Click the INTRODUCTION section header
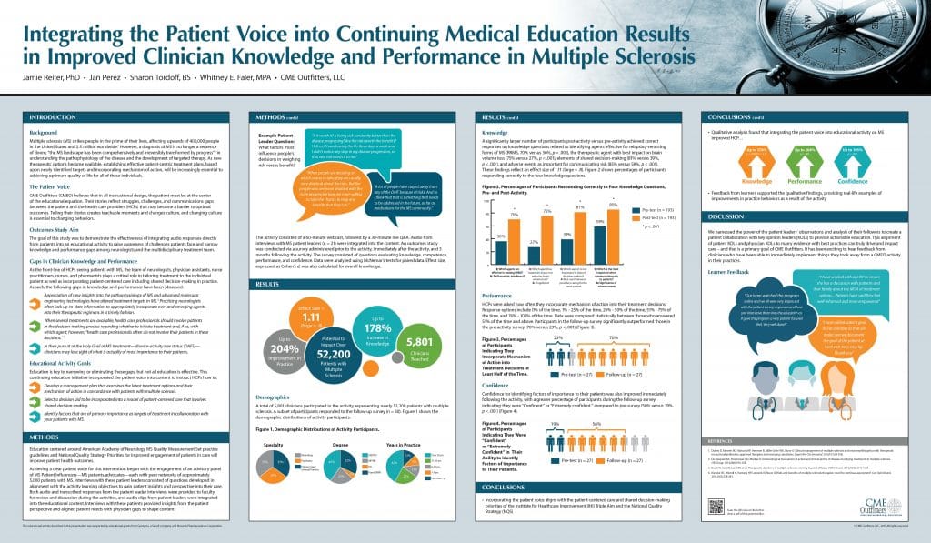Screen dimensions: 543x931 (x=55, y=118)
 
